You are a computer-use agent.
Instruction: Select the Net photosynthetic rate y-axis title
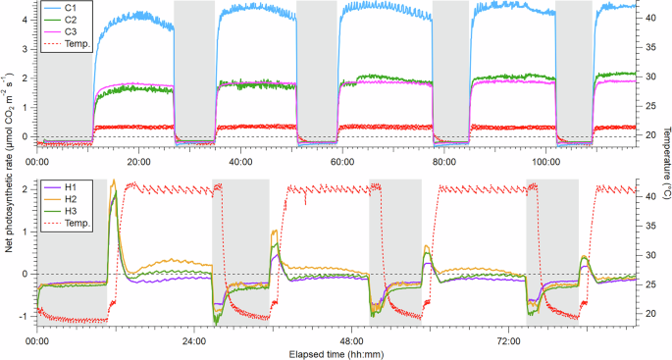click(8, 179)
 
